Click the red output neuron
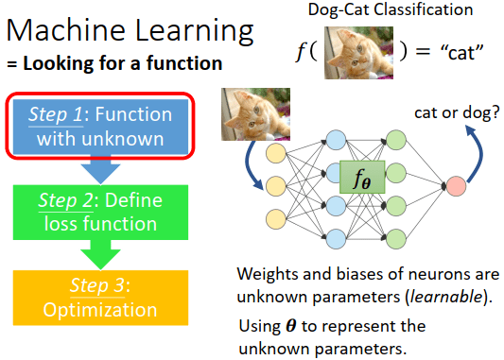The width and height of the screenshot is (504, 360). (x=456, y=186)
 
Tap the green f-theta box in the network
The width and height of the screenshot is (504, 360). (x=362, y=177)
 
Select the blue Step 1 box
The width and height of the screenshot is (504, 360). (x=100, y=127)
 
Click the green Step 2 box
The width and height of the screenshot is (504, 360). (x=100, y=213)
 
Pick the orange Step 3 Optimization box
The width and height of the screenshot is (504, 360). (x=100, y=298)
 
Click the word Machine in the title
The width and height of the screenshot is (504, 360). (x=65, y=30)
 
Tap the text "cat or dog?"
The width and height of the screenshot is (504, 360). (x=457, y=112)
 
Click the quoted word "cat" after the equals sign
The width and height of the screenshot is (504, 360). (x=462, y=52)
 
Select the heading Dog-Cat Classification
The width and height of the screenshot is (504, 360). (x=391, y=9)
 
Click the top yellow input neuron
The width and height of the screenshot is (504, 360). (x=276, y=153)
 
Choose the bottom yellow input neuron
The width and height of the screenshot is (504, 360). (x=276, y=219)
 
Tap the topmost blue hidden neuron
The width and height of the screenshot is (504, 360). (x=336, y=140)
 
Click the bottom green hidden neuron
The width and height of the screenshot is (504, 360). (x=396, y=239)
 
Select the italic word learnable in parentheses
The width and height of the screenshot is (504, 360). (x=446, y=296)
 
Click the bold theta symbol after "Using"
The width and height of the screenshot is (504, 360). (x=291, y=326)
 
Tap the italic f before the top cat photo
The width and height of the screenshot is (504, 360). (x=301, y=52)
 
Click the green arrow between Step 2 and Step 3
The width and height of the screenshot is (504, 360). (x=100, y=255)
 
